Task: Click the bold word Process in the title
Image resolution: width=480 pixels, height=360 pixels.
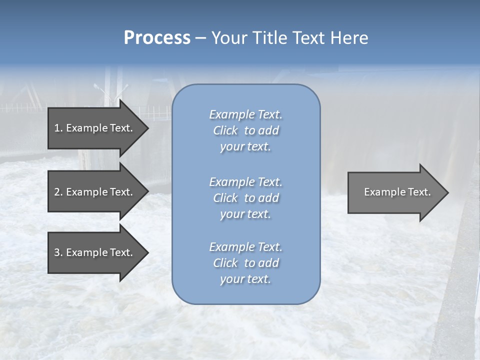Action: (x=157, y=38)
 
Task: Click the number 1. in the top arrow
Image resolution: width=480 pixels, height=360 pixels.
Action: (x=58, y=128)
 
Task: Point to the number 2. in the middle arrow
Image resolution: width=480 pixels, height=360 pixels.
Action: (x=58, y=192)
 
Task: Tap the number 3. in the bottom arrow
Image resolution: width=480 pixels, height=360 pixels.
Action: (x=58, y=252)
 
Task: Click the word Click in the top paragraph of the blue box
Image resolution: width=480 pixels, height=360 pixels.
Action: (x=225, y=131)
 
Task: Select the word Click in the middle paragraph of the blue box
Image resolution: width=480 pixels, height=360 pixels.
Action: (x=225, y=198)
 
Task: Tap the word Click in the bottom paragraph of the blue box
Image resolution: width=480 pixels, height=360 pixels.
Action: (x=225, y=263)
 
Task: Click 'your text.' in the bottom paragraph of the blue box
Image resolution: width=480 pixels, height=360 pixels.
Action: (x=245, y=279)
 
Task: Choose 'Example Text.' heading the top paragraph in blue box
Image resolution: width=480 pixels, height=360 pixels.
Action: (x=245, y=114)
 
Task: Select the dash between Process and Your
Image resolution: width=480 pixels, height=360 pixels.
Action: (x=201, y=38)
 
